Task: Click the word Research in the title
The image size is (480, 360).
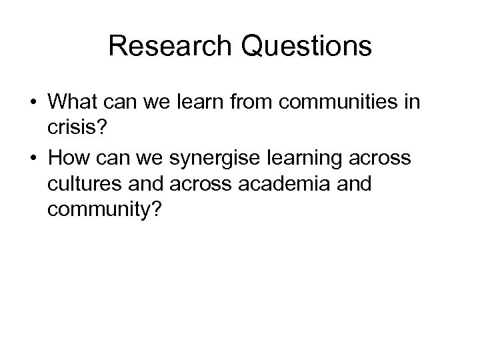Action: click(169, 46)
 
